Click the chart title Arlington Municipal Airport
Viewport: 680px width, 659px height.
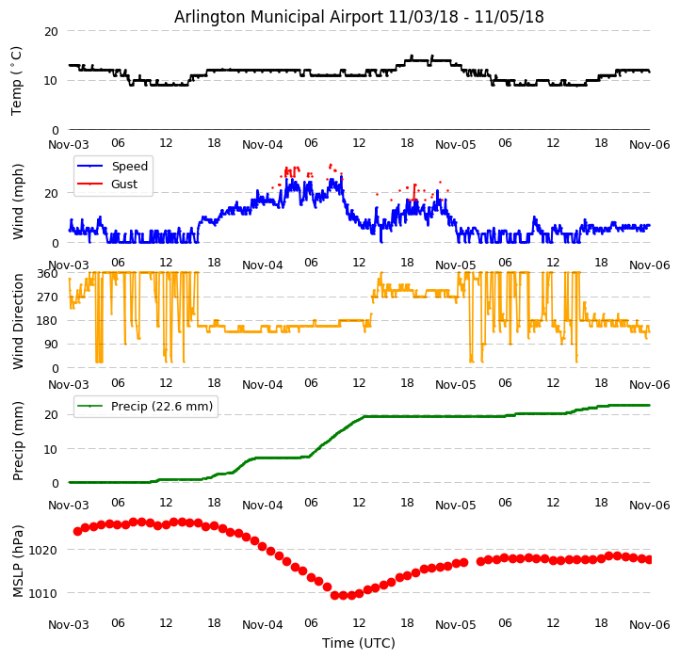359,17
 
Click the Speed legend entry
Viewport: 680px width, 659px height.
129,167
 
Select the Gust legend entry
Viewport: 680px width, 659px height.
124,185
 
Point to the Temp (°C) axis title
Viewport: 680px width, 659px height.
17,80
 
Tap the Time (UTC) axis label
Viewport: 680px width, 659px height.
359,643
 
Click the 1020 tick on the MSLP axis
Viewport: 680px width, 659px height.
43,550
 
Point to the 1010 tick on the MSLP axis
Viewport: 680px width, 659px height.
43,593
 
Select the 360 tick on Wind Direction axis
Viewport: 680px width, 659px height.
47,273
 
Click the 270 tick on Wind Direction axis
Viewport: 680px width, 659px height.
47,297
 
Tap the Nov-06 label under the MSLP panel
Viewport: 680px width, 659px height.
650,624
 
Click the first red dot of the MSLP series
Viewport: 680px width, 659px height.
77,531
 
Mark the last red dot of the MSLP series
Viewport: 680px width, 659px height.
650,559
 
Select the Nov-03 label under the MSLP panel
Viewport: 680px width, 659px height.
69,624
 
